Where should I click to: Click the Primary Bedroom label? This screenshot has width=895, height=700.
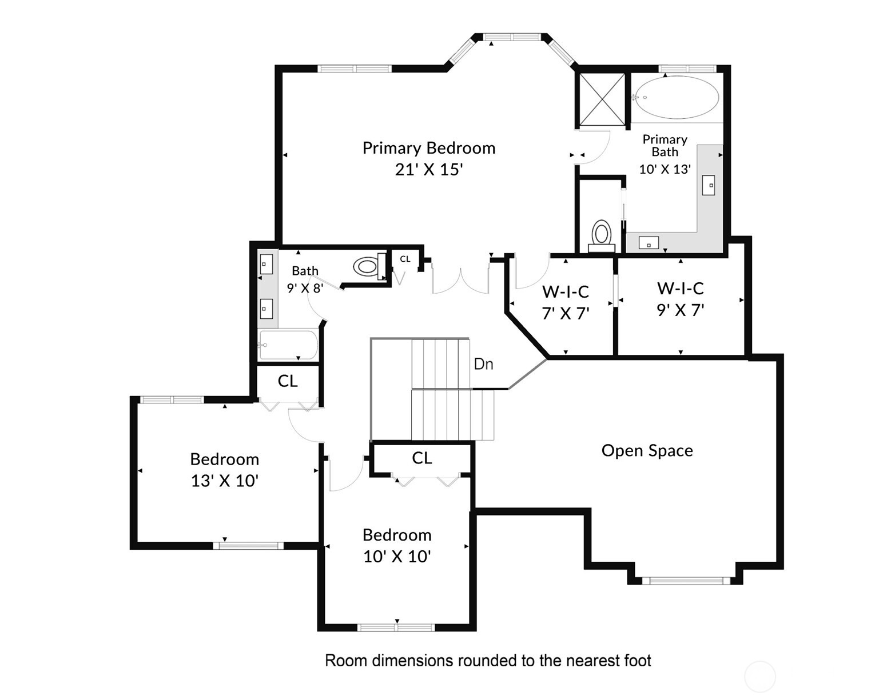428,148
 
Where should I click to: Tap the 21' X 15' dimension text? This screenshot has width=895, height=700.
428,170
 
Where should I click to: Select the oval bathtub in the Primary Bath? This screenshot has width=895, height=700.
677,97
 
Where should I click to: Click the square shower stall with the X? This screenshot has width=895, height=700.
602,98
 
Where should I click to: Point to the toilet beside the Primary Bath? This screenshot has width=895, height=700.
601,235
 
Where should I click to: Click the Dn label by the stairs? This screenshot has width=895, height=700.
483,364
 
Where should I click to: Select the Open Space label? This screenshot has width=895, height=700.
647,451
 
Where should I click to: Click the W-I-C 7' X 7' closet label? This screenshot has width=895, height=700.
565,292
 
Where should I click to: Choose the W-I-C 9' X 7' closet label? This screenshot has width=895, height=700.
680,289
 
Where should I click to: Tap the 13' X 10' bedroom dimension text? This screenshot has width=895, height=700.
225,481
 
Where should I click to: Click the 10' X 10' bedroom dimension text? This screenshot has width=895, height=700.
397,557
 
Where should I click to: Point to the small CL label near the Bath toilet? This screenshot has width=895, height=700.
405,259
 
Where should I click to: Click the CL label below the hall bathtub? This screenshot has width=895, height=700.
287,381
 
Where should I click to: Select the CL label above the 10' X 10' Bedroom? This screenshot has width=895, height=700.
421,458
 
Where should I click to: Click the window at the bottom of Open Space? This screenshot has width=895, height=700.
686,581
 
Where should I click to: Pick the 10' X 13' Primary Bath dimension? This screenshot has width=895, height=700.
665,169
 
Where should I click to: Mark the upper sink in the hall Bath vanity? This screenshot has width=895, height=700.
266,264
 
